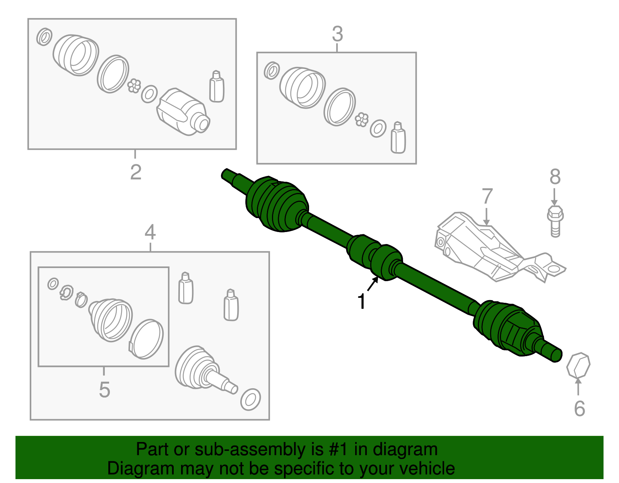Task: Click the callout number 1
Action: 362,302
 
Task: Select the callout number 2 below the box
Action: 135,172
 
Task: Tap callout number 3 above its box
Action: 337,34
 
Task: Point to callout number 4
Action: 150,232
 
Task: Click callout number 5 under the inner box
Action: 104,389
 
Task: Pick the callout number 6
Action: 579,409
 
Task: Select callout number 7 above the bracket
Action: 487,196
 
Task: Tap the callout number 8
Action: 555,177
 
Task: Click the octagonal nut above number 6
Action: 578,365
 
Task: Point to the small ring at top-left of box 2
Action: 44,37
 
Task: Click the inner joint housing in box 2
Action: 182,112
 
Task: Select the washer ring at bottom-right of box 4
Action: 250,399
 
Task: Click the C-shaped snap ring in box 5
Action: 67,292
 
